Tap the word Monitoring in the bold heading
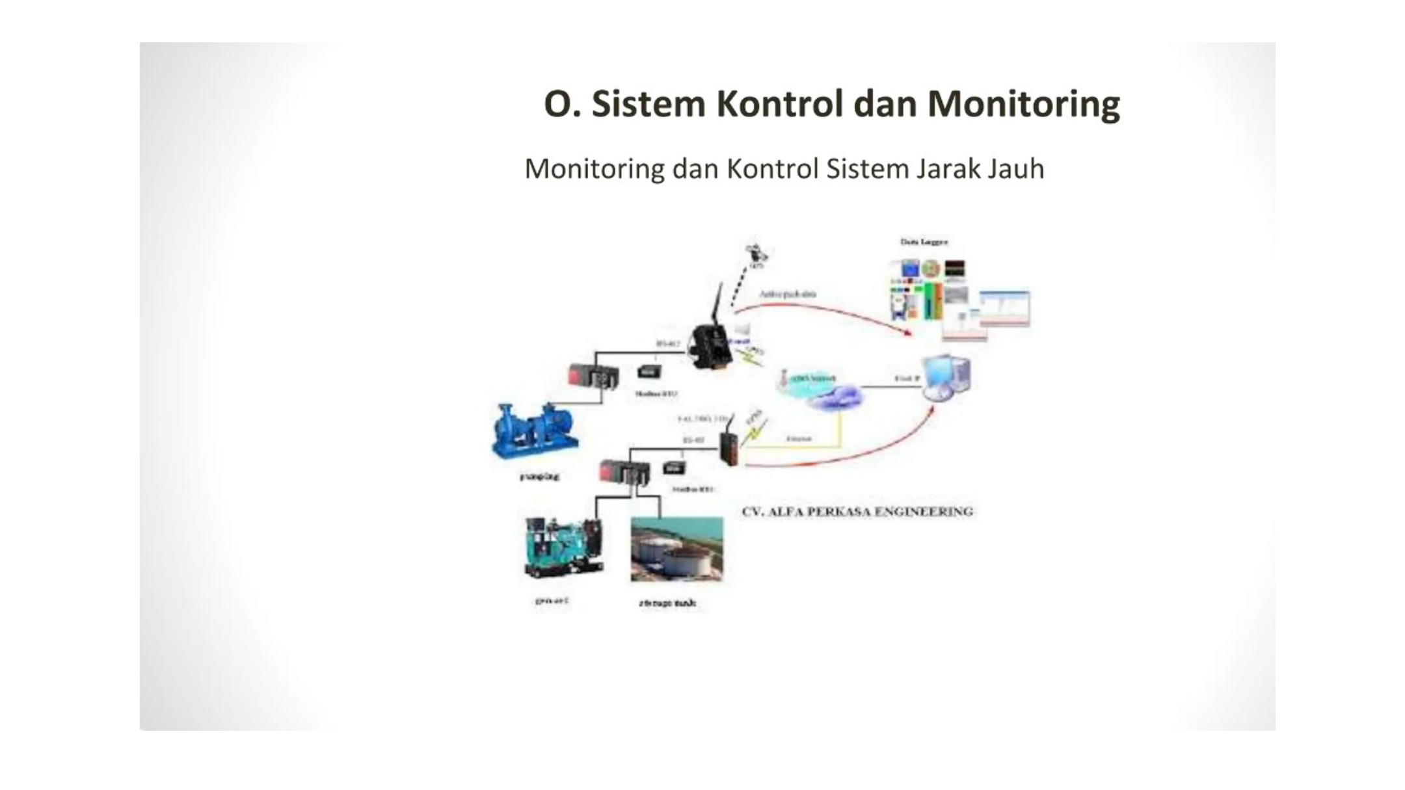[x=1024, y=104]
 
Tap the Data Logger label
[x=924, y=242]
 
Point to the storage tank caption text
[x=667, y=603]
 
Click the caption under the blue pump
[x=539, y=477]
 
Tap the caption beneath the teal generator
[x=552, y=601]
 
